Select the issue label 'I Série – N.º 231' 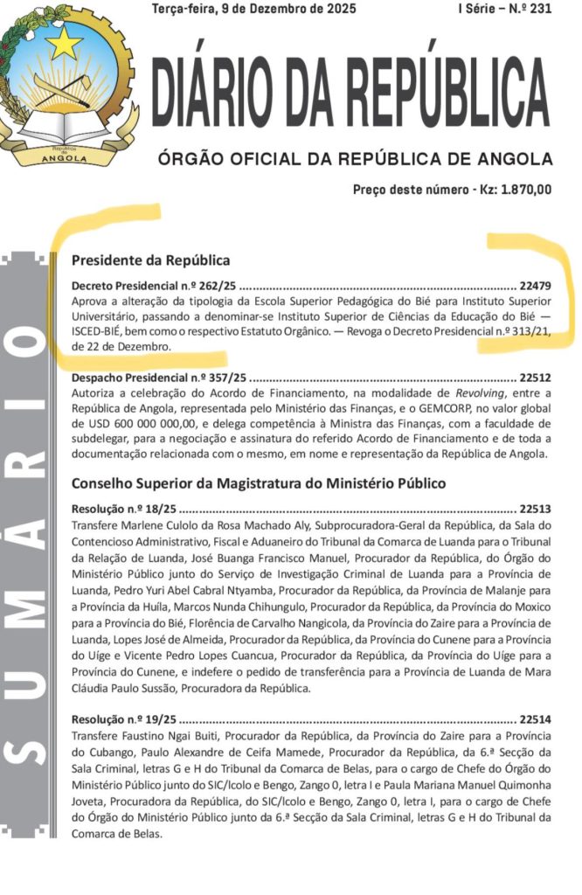click(505, 9)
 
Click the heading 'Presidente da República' click(150, 260)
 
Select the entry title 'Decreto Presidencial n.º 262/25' click(154, 285)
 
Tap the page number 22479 click(535, 286)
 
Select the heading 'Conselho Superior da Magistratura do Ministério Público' click(259, 482)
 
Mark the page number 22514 click(535, 720)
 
